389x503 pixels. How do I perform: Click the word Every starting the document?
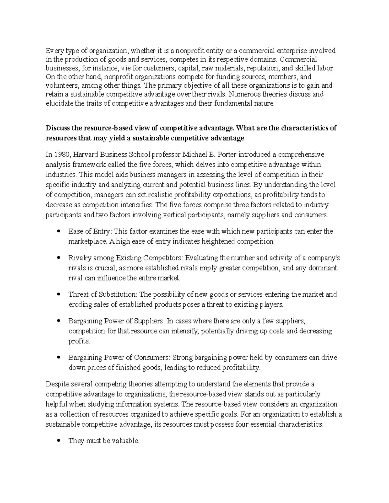(53, 51)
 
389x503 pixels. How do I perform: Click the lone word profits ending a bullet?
(79, 341)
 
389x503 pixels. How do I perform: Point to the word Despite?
(56, 384)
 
